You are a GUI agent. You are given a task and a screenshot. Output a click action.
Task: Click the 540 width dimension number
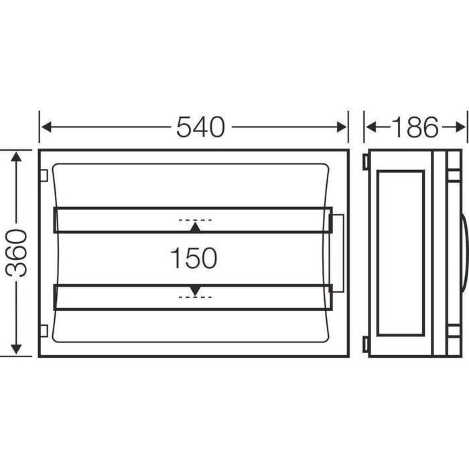(200, 127)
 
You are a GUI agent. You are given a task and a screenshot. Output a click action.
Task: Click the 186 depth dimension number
(414, 127)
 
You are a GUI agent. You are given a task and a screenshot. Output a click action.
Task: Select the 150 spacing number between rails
(194, 258)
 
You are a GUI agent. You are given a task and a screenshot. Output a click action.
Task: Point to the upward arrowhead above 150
(194, 228)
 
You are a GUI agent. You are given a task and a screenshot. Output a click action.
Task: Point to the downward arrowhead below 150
(194, 289)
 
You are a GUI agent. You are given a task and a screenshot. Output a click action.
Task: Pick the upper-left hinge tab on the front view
(43, 176)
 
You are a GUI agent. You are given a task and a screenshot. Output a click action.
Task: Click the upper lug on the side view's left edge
(365, 163)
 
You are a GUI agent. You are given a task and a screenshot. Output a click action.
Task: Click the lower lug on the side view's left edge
(365, 344)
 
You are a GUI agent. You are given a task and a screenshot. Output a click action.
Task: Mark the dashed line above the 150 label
(195, 219)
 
